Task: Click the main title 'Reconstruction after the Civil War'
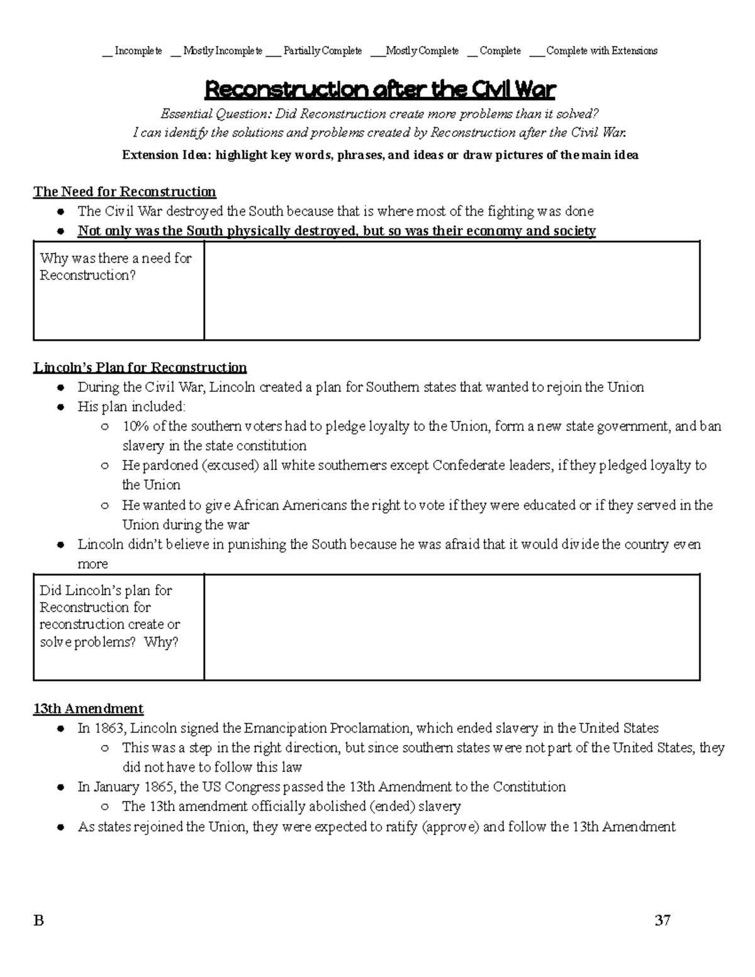(380, 90)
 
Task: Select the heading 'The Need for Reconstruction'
(125, 192)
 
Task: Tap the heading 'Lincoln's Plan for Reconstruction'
(140, 367)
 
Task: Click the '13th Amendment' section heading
(88, 709)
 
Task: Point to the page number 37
(662, 921)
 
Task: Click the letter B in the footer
(39, 922)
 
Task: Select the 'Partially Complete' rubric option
(322, 51)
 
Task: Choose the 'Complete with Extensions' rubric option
(601, 51)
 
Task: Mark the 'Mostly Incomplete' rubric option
(222, 51)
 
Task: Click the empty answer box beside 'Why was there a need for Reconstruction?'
(452, 291)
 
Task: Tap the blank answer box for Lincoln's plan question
(452, 627)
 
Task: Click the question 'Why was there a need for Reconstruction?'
(116, 267)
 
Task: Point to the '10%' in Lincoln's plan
(135, 427)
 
